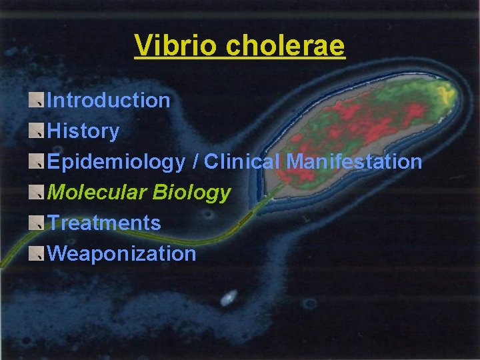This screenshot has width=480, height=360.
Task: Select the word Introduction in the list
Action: (x=109, y=101)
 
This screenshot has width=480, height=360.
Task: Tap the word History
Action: (x=84, y=131)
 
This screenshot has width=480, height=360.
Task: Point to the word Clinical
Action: (x=243, y=162)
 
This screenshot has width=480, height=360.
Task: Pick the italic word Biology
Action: (x=191, y=193)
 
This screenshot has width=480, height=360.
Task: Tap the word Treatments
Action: (x=105, y=223)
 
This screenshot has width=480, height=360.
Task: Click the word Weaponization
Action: (x=122, y=254)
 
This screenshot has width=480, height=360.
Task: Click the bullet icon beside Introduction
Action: (x=37, y=100)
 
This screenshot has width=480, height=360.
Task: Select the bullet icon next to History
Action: (x=37, y=131)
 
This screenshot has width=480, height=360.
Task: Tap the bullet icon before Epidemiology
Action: (x=37, y=161)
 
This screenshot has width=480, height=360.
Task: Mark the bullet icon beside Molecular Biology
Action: (x=37, y=192)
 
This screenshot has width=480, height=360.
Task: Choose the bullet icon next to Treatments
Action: (x=37, y=223)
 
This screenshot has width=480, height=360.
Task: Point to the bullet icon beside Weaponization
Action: (x=37, y=253)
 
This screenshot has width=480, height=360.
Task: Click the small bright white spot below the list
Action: (x=228, y=298)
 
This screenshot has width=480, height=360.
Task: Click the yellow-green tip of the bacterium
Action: (x=443, y=90)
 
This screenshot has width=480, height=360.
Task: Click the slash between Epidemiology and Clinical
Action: (x=195, y=162)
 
